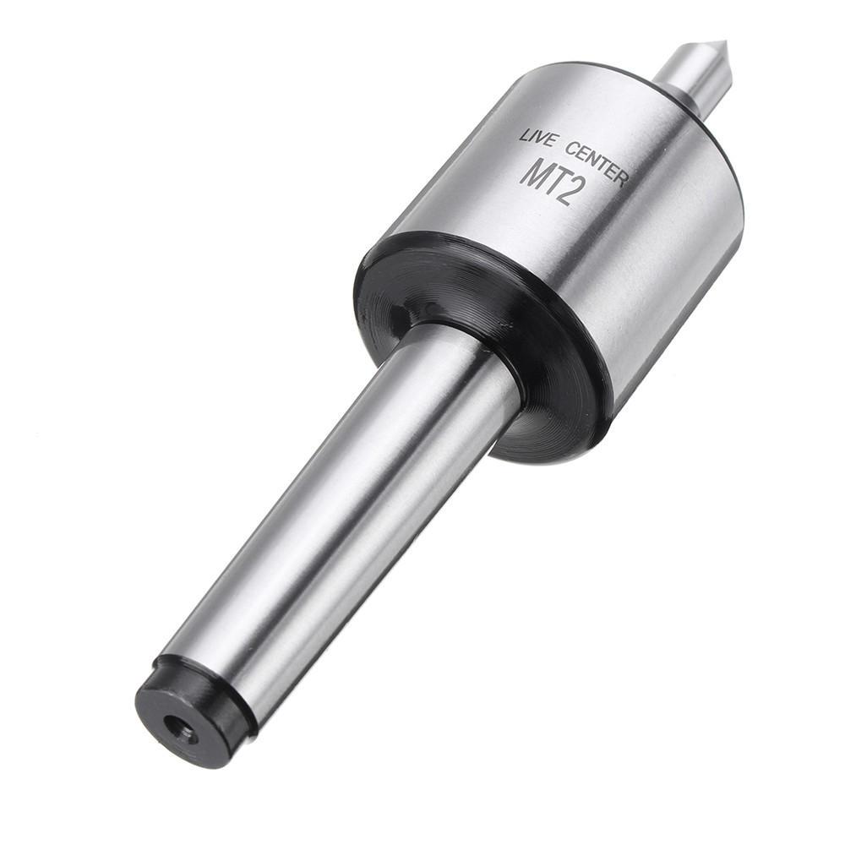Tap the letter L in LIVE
(524, 134)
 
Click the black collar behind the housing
(473, 338)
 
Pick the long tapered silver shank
(338, 524)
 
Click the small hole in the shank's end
(180, 727)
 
